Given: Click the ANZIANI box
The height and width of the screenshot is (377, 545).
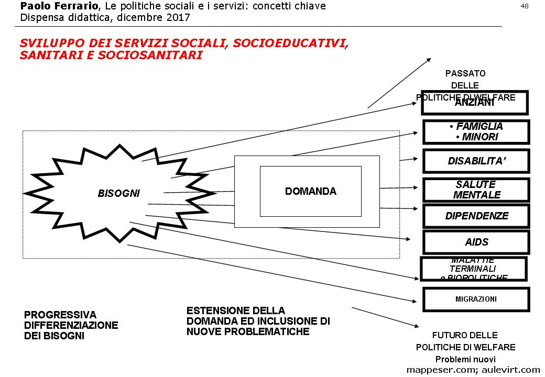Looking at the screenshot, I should coord(474,103).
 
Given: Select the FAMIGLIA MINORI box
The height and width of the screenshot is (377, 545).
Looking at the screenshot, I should coord(476,132).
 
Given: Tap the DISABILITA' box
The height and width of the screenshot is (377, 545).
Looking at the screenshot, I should coord(476,161).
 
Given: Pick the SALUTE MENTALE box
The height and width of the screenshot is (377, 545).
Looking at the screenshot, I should coord(476,190).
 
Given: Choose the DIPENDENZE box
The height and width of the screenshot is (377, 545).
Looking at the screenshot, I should coord(476,216).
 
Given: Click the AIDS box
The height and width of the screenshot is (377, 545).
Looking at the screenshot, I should coord(476,242).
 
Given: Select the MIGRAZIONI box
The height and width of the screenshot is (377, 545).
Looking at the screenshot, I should coord(476,299).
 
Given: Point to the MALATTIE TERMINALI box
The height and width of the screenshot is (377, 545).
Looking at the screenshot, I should coord(473,269).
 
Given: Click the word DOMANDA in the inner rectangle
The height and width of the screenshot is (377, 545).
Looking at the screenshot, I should coord(311,191).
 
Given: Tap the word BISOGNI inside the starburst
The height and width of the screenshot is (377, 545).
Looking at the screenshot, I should coord(119,193).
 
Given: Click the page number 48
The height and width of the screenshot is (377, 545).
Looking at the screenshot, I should coord(524,6).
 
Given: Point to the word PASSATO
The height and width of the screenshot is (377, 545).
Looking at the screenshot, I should coord(465,73).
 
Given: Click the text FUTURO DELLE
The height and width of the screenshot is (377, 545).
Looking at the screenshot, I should coord(465,335).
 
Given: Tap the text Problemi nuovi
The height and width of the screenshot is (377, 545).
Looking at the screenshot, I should coord(465,359).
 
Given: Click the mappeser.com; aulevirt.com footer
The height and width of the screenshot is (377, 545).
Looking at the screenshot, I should coord(473,370).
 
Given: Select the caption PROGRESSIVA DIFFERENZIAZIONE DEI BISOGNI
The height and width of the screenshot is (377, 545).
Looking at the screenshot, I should coord(71,325).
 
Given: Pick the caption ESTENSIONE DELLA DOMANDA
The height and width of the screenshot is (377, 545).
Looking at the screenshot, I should coord(258,321).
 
